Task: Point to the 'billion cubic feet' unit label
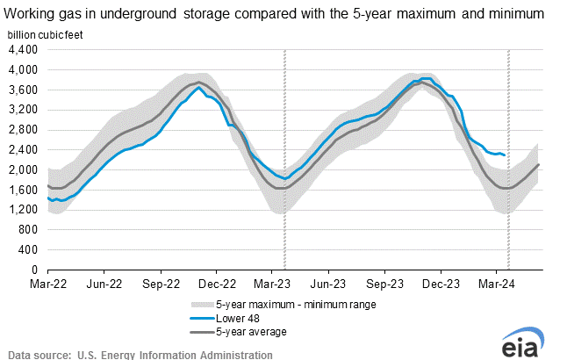[x=47, y=33]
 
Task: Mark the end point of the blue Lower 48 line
[x=504, y=155]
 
